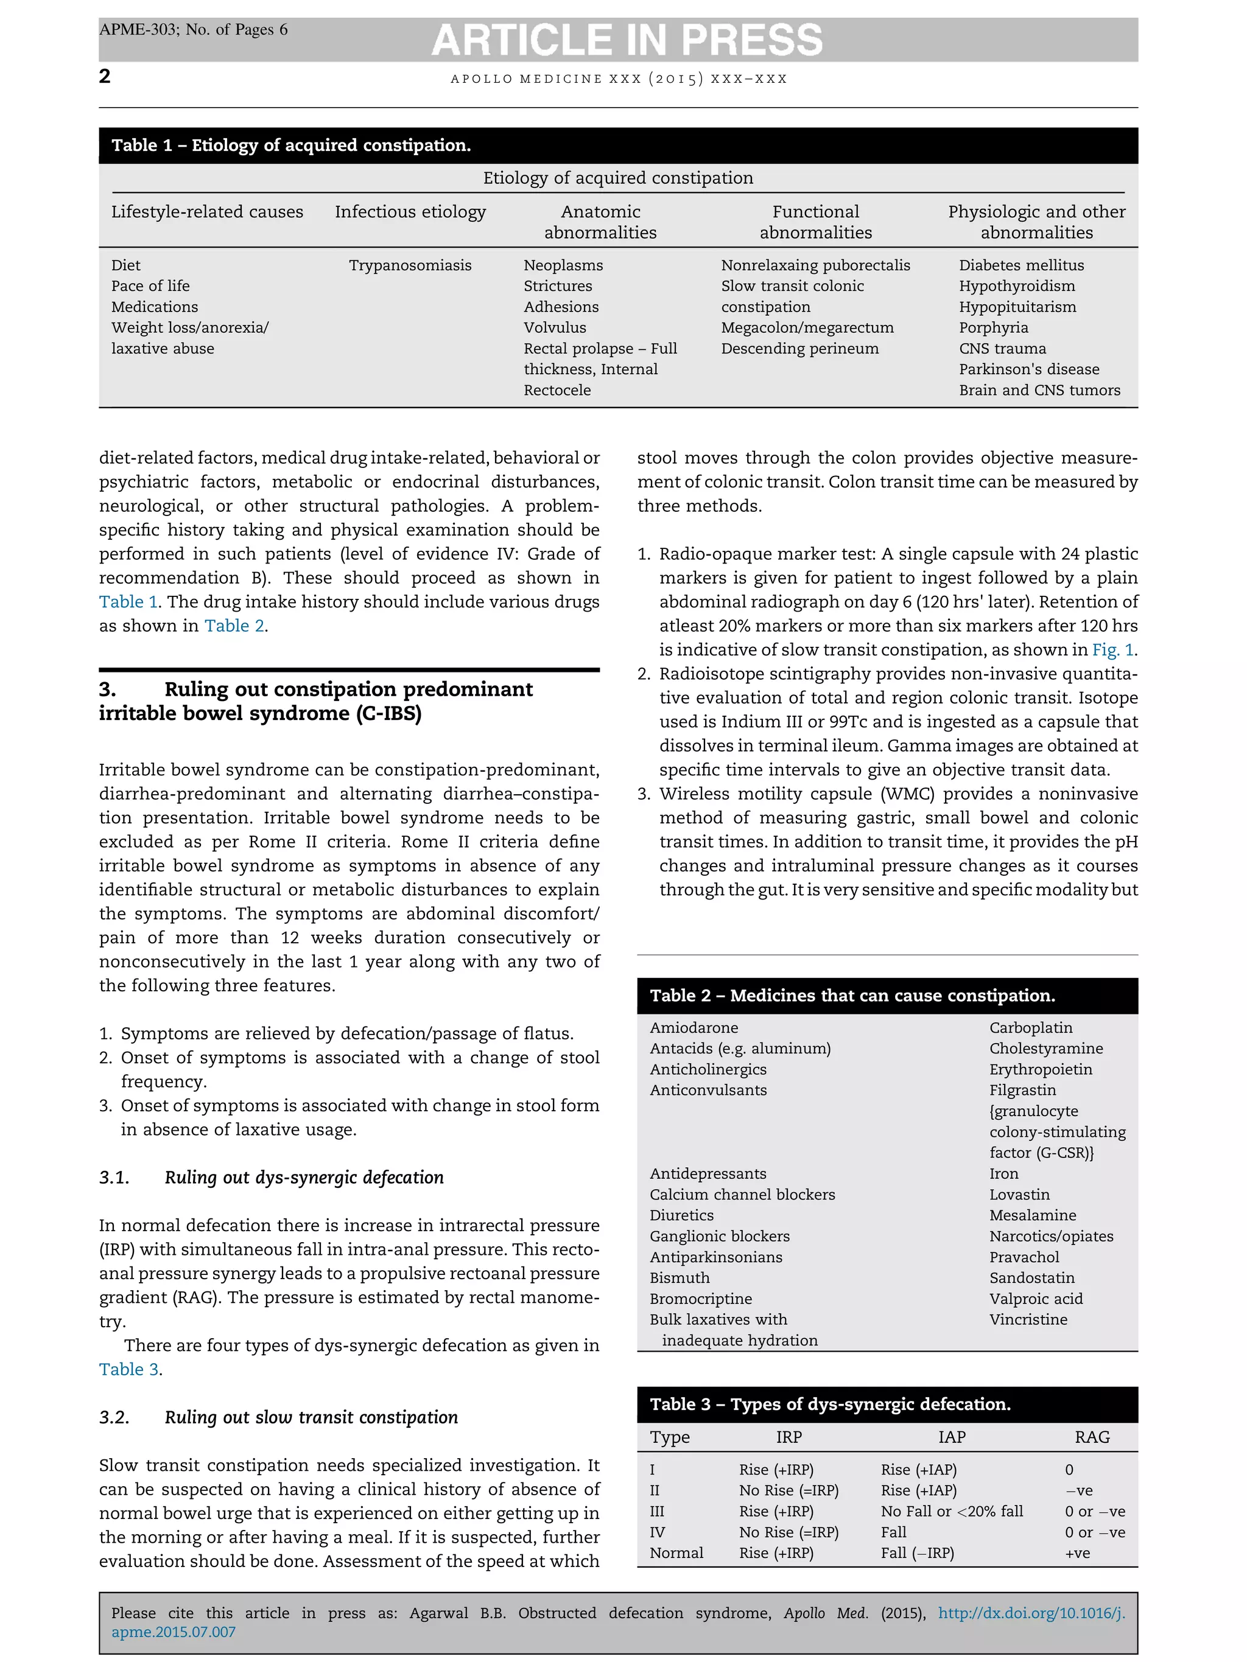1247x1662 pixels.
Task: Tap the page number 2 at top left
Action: [x=105, y=76]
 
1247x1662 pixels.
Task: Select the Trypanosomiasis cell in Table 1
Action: [x=410, y=265]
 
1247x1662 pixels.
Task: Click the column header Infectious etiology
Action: [x=410, y=212]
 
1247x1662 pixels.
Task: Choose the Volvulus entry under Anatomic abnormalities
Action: [x=555, y=327]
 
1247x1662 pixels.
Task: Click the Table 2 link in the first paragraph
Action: [x=234, y=626]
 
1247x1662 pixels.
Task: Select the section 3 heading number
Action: [x=108, y=689]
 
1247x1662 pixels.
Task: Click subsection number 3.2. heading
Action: [x=114, y=1417]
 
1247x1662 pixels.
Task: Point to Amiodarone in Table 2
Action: [x=694, y=1027]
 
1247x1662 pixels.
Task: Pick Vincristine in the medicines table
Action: [x=1028, y=1319]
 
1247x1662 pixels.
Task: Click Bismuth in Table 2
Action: [x=680, y=1277]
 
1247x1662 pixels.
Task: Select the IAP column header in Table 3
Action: [x=951, y=1437]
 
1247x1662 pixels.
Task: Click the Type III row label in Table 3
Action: [x=657, y=1511]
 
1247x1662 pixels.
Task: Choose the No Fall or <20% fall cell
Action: [x=951, y=1511]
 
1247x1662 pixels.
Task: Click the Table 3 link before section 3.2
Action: [x=128, y=1369]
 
